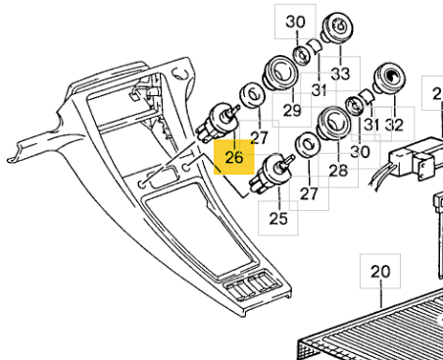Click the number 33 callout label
click(x=340, y=74)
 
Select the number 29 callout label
click(x=292, y=111)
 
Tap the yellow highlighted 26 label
click(x=234, y=157)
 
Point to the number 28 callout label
click(x=338, y=171)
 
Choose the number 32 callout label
click(x=394, y=125)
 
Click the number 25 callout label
click(x=278, y=218)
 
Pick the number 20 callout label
click(x=380, y=272)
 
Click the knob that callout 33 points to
click(x=338, y=27)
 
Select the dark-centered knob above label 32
click(x=389, y=79)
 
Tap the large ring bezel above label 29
click(x=280, y=74)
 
